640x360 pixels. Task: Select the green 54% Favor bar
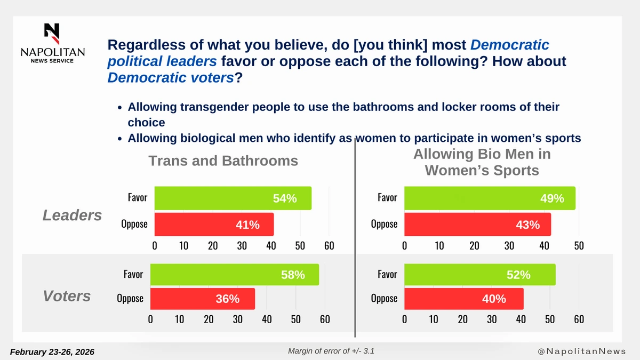coord(233,198)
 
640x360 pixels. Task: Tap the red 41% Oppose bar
coord(214,225)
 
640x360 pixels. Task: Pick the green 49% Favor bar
coord(489,198)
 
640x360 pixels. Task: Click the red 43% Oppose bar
coord(477,225)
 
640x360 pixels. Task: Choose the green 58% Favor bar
coord(234,275)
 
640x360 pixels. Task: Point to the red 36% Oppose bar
coord(202,299)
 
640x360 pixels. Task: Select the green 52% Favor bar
coord(479,275)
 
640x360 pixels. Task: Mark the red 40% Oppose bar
coord(463,299)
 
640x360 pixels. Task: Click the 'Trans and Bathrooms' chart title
coord(223,161)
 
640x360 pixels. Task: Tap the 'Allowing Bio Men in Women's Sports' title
coord(482,162)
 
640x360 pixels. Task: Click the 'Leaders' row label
coord(72,215)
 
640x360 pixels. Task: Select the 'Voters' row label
coord(67,296)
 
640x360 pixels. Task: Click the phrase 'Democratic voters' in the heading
coord(171,78)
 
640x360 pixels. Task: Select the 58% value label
coord(293,275)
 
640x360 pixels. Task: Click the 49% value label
coord(551,198)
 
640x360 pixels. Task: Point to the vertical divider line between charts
coord(355,240)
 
